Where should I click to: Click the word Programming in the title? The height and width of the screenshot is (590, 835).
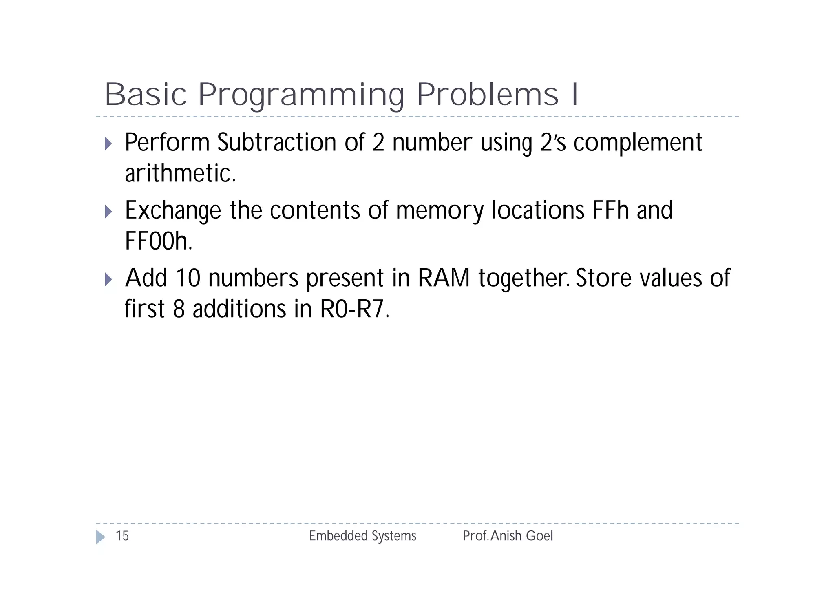pyautogui.click(x=301, y=95)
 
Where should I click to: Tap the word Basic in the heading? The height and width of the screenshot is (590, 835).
pyautogui.click(x=146, y=95)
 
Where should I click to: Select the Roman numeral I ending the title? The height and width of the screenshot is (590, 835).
pyautogui.click(x=575, y=95)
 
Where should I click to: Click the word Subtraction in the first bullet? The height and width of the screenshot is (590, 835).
pyautogui.click(x=277, y=143)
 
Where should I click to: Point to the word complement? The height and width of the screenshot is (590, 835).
pyautogui.click(x=638, y=144)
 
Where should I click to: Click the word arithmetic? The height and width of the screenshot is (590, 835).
pyautogui.click(x=180, y=174)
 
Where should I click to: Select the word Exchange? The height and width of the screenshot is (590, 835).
pyautogui.click(x=173, y=211)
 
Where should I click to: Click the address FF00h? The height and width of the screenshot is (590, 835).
pyautogui.click(x=158, y=241)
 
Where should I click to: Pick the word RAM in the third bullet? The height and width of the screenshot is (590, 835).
pyautogui.click(x=444, y=278)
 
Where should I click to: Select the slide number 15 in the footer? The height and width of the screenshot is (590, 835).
pyautogui.click(x=122, y=536)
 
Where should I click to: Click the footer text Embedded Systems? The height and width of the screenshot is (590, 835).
pyautogui.click(x=362, y=536)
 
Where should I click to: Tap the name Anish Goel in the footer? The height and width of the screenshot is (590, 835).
pyautogui.click(x=522, y=536)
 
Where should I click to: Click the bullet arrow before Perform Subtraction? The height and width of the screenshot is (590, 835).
pyautogui.click(x=108, y=144)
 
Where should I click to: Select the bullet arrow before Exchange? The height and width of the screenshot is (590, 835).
pyautogui.click(x=108, y=211)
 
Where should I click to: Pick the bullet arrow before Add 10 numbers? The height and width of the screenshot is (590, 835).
pyautogui.click(x=108, y=279)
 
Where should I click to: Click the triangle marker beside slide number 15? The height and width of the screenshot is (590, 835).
pyautogui.click(x=100, y=537)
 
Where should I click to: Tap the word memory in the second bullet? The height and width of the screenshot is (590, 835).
pyautogui.click(x=439, y=211)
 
